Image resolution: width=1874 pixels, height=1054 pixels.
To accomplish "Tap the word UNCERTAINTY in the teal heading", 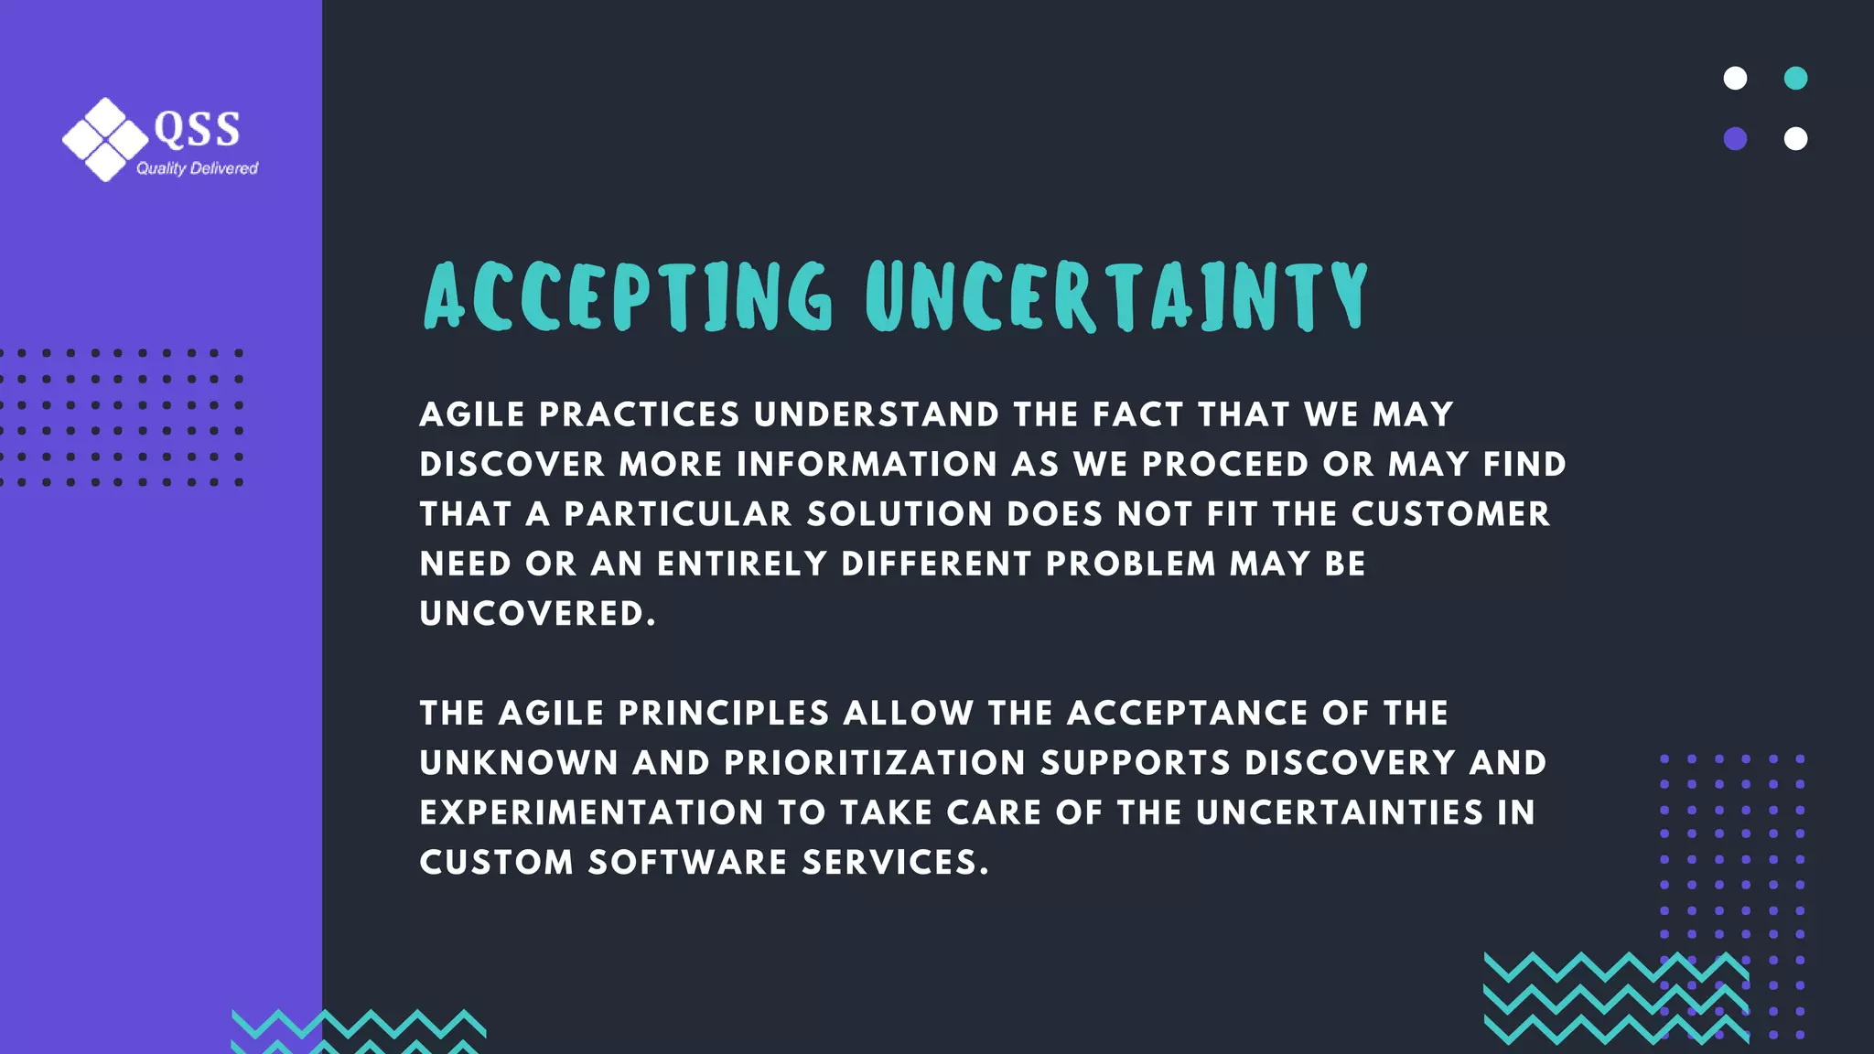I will (x=1116, y=296).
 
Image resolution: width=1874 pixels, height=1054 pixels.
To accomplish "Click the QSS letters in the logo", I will (x=197, y=129).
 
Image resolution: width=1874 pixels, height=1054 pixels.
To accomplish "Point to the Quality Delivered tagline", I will (x=197, y=168).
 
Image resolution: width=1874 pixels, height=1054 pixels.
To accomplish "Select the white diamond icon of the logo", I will (x=105, y=139).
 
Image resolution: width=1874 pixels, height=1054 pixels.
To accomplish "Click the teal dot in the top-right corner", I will (x=1795, y=79).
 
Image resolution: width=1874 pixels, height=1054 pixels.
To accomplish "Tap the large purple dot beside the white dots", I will (x=1735, y=139).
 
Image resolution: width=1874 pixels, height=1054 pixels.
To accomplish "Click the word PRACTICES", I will (x=639, y=414).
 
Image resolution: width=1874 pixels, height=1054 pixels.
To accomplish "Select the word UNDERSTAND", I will (x=877, y=414).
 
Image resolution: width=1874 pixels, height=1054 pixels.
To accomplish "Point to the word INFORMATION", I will (x=867, y=465).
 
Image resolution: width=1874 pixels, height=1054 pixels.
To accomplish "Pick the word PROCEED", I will (x=1225, y=465).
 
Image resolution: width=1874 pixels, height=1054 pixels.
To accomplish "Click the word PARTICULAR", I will (x=677, y=514).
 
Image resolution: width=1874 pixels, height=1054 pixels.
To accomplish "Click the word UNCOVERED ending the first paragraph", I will (x=537, y=614).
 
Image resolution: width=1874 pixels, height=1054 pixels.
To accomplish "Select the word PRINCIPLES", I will (x=724, y=713).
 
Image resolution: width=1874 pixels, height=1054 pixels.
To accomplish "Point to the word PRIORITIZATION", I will (x=875, y=763).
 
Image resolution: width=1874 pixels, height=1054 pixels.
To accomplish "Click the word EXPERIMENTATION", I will (x=591, y=812).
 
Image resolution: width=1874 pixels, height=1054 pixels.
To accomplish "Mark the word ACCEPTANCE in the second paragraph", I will (x=1187, y=713).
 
